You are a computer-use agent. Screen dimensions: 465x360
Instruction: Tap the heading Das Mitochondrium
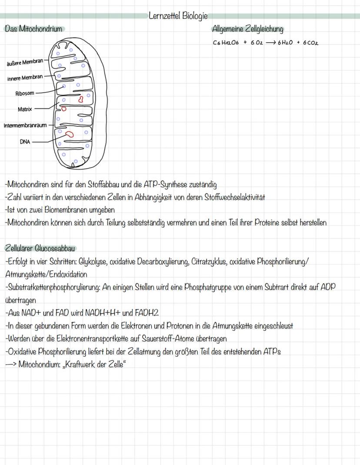pos(33,29)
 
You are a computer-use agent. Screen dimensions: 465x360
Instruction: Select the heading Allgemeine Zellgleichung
pos(247,29)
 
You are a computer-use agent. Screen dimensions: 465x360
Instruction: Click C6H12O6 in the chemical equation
pos(226,43)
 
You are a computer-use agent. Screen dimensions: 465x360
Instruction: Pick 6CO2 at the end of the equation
pos(310,43)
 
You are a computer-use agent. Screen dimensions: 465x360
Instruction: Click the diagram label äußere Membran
pos(25,62)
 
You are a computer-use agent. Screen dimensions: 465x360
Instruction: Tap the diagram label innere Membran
pos(25,77)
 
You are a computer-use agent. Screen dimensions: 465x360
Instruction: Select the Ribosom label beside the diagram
pos(25,93)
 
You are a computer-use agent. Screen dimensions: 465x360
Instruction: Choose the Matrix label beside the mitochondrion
pos(25,109)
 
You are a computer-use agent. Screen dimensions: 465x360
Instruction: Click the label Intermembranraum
pos(25,126)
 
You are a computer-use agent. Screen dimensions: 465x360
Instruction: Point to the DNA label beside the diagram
pos(25,141)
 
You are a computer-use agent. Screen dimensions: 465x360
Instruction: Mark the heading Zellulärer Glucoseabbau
pos(40,248)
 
